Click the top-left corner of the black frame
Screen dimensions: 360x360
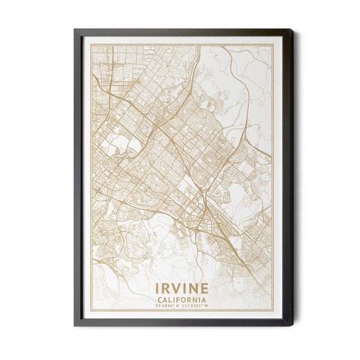point(74,29)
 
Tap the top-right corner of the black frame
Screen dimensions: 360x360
point(292,29)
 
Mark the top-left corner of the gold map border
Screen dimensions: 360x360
point(92,45)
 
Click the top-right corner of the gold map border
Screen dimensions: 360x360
point(272,45)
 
